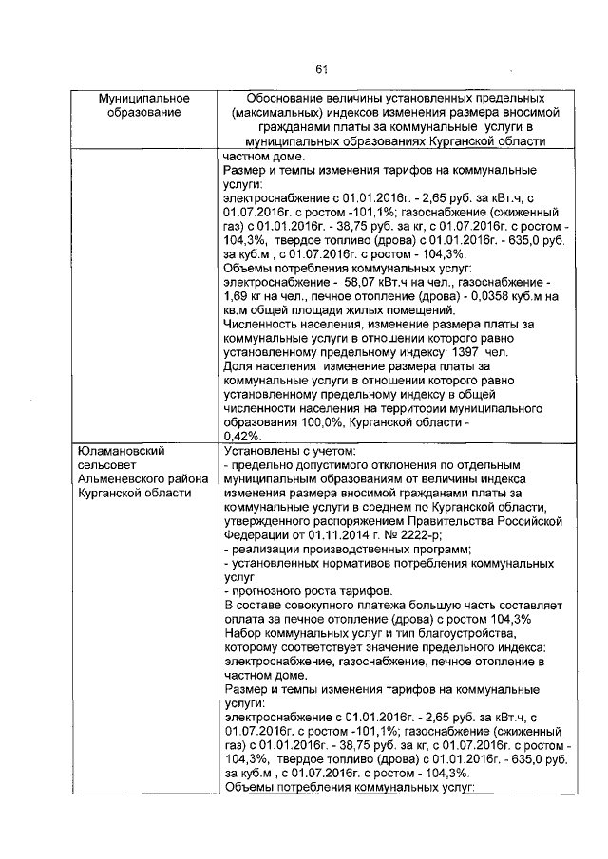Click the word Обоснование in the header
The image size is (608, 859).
(282, 99)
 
